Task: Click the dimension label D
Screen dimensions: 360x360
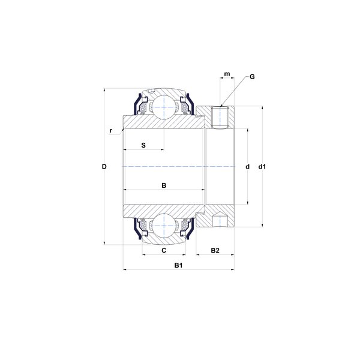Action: click(x=104, y=167)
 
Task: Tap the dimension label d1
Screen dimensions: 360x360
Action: click(x=262, y=167)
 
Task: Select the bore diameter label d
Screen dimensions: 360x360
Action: click(x=247, y=167)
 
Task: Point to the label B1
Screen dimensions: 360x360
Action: click(x=178, y=265)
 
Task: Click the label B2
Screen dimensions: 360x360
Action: click(x=215, y=250)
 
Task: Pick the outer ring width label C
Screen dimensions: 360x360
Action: click(x=164, y=250)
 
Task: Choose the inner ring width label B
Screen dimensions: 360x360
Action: click(x=164, y=185)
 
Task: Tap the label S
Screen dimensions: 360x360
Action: click(x=143, y=145)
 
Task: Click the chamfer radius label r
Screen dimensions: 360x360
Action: click(x=111, y=131)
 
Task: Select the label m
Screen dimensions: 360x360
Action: click(x=227, y=74)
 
